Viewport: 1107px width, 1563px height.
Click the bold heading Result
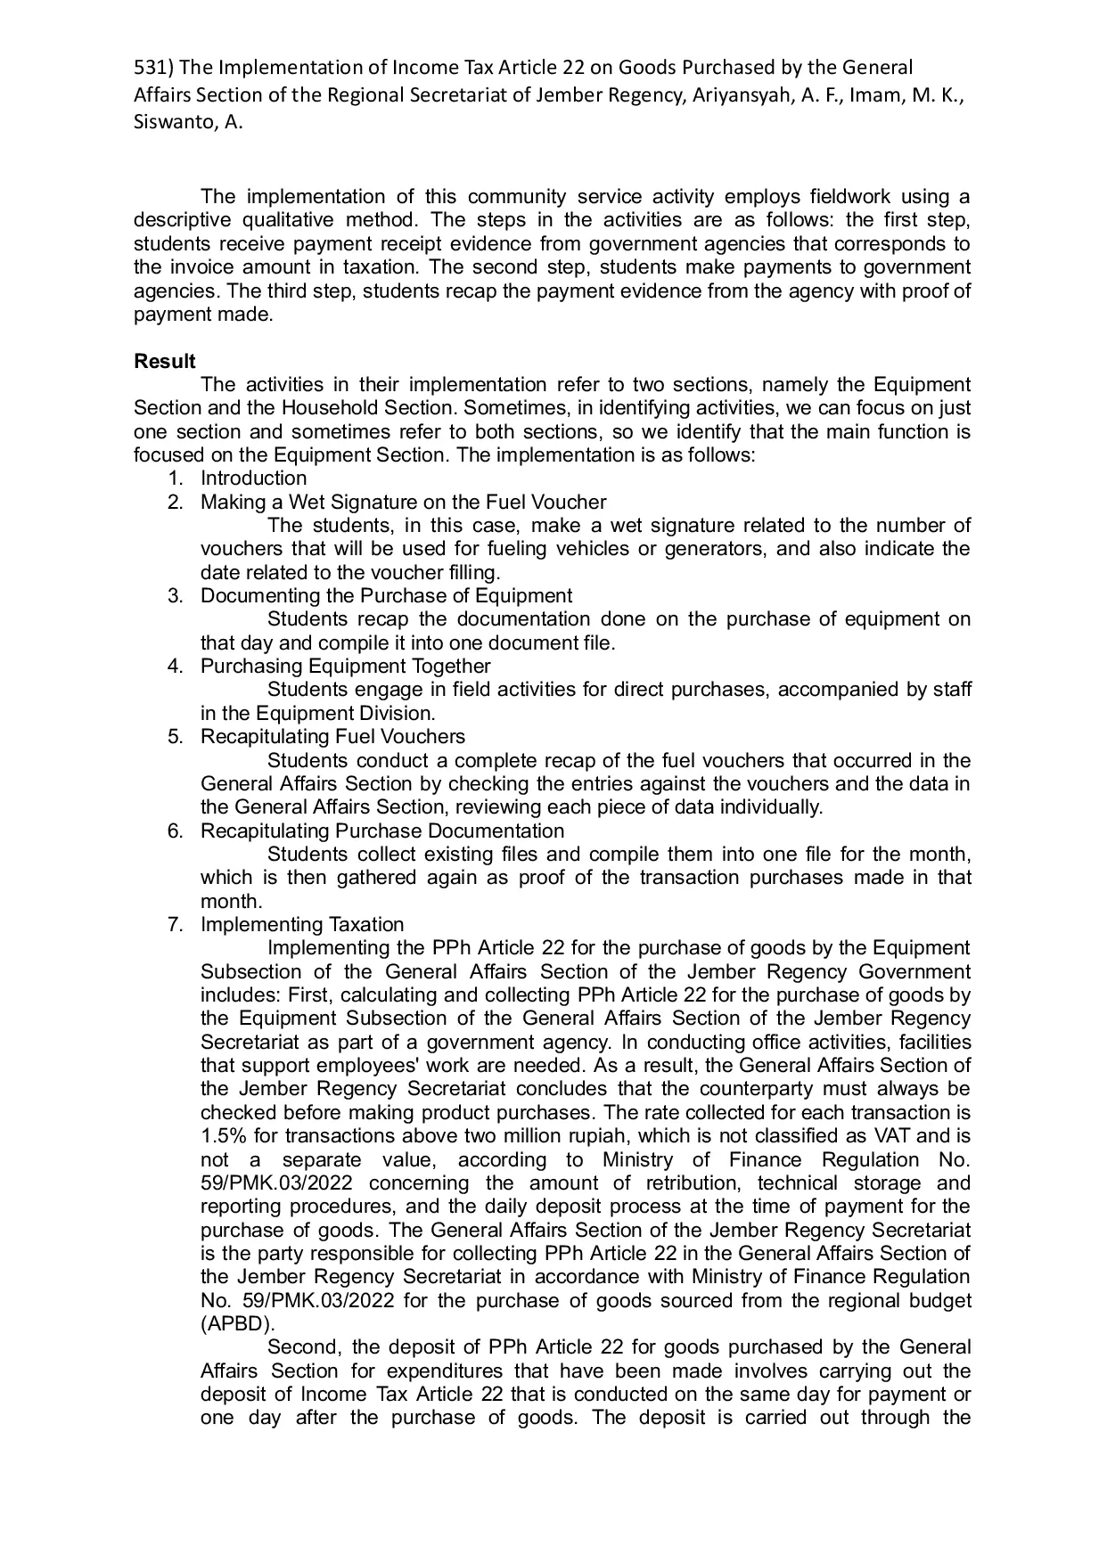pos(165,361)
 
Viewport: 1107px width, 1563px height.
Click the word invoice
pos(211,266)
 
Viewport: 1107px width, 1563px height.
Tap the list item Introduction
pos(253,479)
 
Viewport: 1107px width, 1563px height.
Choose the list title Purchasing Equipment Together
pos(345,666)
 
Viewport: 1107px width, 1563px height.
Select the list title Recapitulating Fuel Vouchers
pos(332,736)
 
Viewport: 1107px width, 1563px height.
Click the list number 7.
pos(175,924)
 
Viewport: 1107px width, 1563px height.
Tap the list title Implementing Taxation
pos(301,924)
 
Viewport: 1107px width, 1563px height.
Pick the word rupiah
pos(578,1136)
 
